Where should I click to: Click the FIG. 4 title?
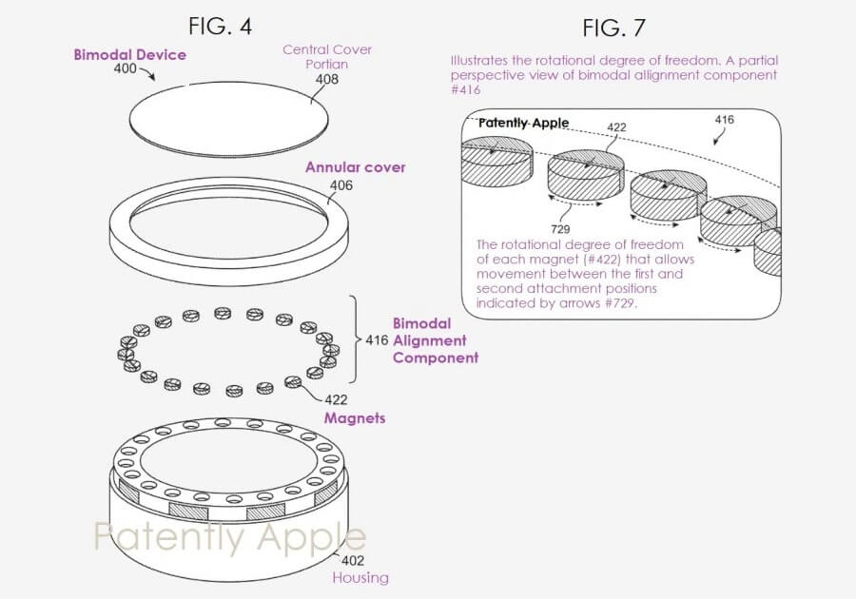pyautogui.click(x=220, y=26)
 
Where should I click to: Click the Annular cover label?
pyautogui.click(x=355, y=167)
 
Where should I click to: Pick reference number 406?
pyautogui.click(x=341, y=186)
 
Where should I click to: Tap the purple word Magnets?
pyautogui.click(x=356, y=417)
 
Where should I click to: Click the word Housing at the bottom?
pyautogui.click(x=360, y=577)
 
